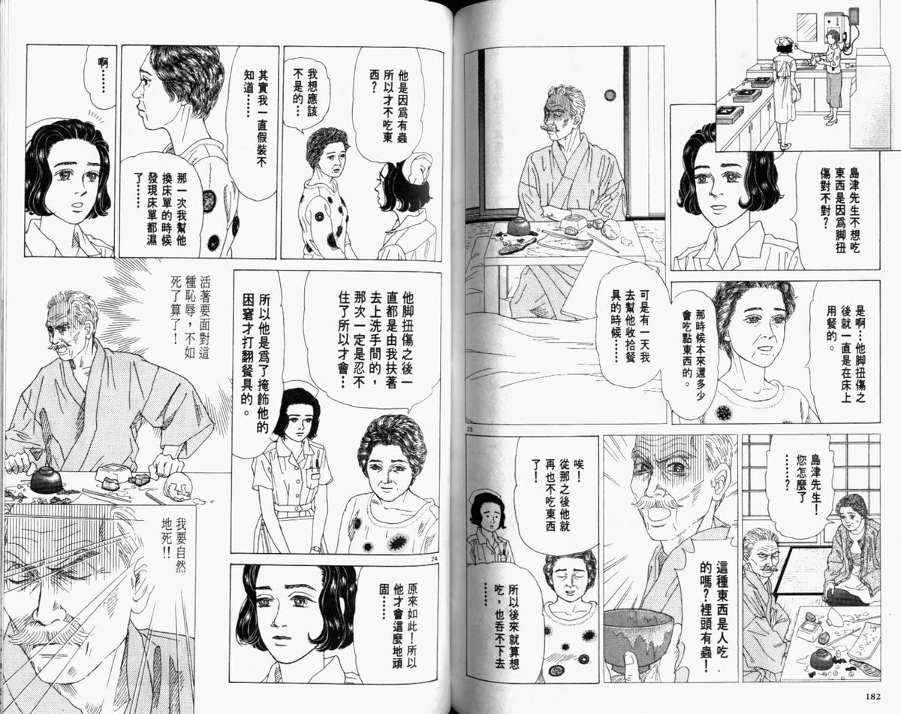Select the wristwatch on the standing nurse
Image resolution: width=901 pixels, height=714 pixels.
tap(316, 549)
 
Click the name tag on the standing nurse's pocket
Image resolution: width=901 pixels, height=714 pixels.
tap(314, 475)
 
